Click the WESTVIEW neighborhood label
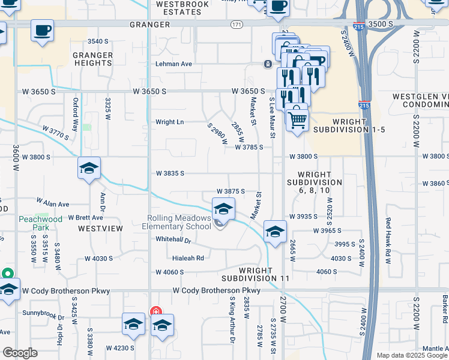pyautogui.click(x=95, y=229)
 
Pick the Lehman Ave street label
pyautogui.click(x=173, y=64)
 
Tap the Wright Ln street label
pyautogui.click(x=169, y=122)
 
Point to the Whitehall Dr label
pyautogui.click(x=173, y=240)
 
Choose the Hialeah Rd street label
pyautogui.click(x=188, y=259)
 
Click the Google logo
pyautogui.click(x=20, y=353)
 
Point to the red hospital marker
pyautogui.click(x=155, y=311)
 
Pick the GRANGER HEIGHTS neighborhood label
pyautogui.click(x=92, y=59)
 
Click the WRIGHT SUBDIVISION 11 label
pyautogui.click(x=255, y=275)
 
